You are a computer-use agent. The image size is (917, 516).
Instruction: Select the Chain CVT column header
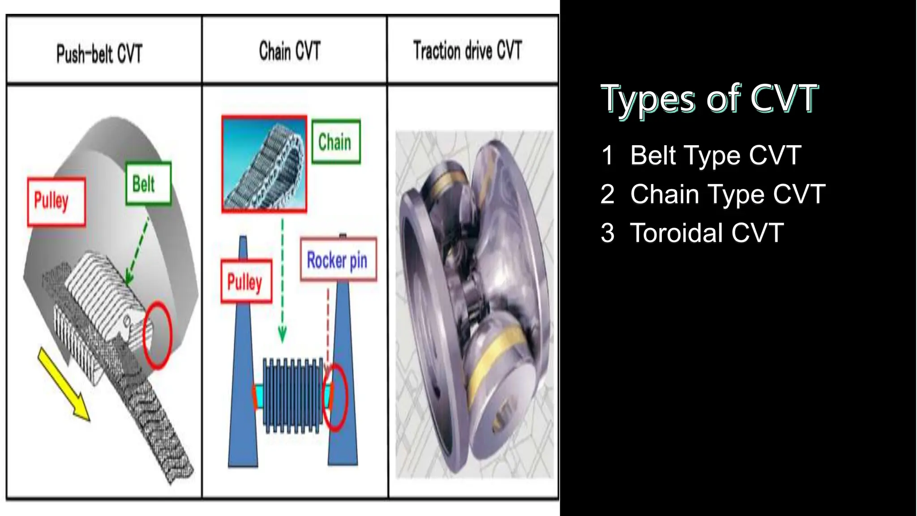click(x=290, y=51)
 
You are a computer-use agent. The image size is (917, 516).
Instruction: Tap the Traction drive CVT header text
click(x=467, y=50)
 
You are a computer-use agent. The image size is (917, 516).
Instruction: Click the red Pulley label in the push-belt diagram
click(x=56, y=202)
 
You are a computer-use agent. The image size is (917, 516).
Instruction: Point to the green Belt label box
click(x=148, y=184)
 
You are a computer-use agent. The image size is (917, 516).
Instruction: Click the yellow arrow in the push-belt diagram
click(x=63, y=384)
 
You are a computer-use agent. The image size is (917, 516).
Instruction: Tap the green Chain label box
click(x=336, y=142)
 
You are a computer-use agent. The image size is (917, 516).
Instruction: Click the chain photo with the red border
click(x=264, y=164)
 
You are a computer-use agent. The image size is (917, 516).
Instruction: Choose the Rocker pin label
click(x=338, y=260)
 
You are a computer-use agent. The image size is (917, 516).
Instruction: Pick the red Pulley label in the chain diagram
click(x=246, y=281)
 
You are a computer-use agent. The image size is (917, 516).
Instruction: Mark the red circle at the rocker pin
click(x=335, y=397)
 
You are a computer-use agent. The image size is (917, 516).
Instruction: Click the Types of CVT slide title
click(x=710, y=99)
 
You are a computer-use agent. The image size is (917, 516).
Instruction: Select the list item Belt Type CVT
click(x=715, y=155)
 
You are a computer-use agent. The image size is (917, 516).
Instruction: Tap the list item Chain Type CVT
click(x=727, y=194)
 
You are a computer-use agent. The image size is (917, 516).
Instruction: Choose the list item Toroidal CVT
click(x=707, y=233)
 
